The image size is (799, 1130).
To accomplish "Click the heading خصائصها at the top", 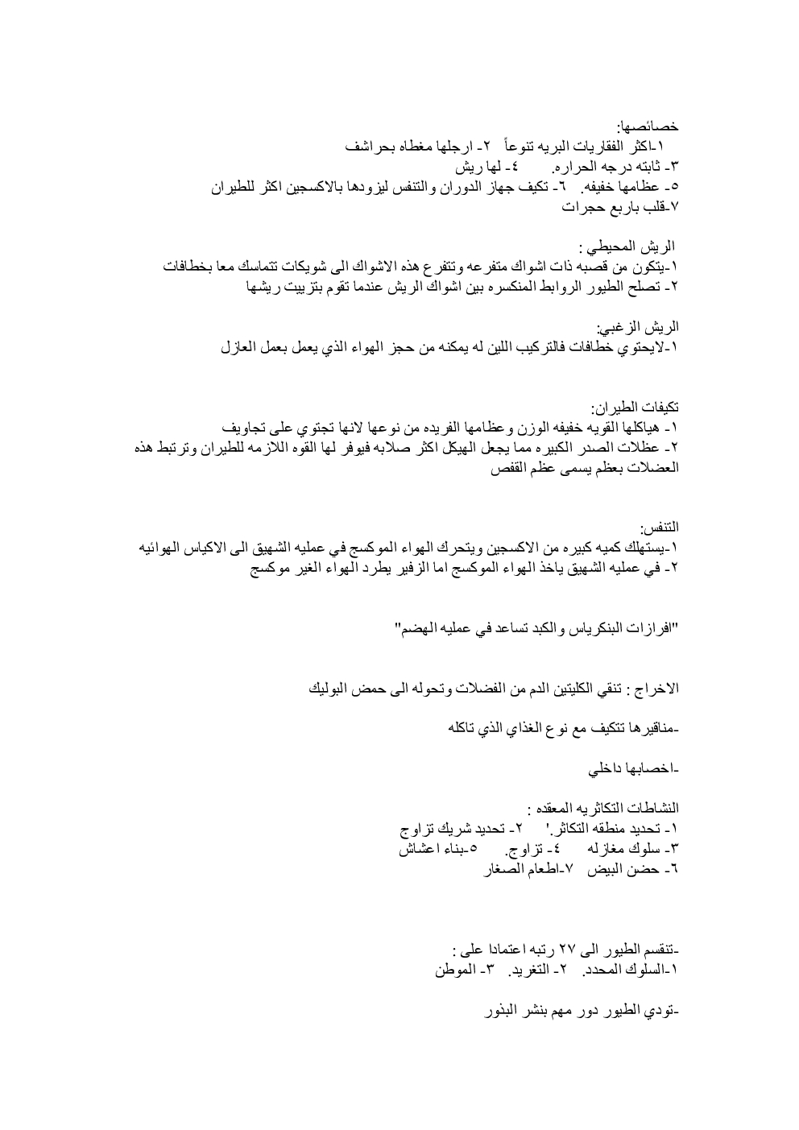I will (x=648, y=126).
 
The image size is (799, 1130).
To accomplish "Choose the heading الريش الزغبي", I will (x=637, y=328).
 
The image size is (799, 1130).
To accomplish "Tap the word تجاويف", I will (x=245, y=427).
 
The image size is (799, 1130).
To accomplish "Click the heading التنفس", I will (x=660, y=528).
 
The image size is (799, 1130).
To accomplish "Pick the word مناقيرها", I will (x=644, y=730).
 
